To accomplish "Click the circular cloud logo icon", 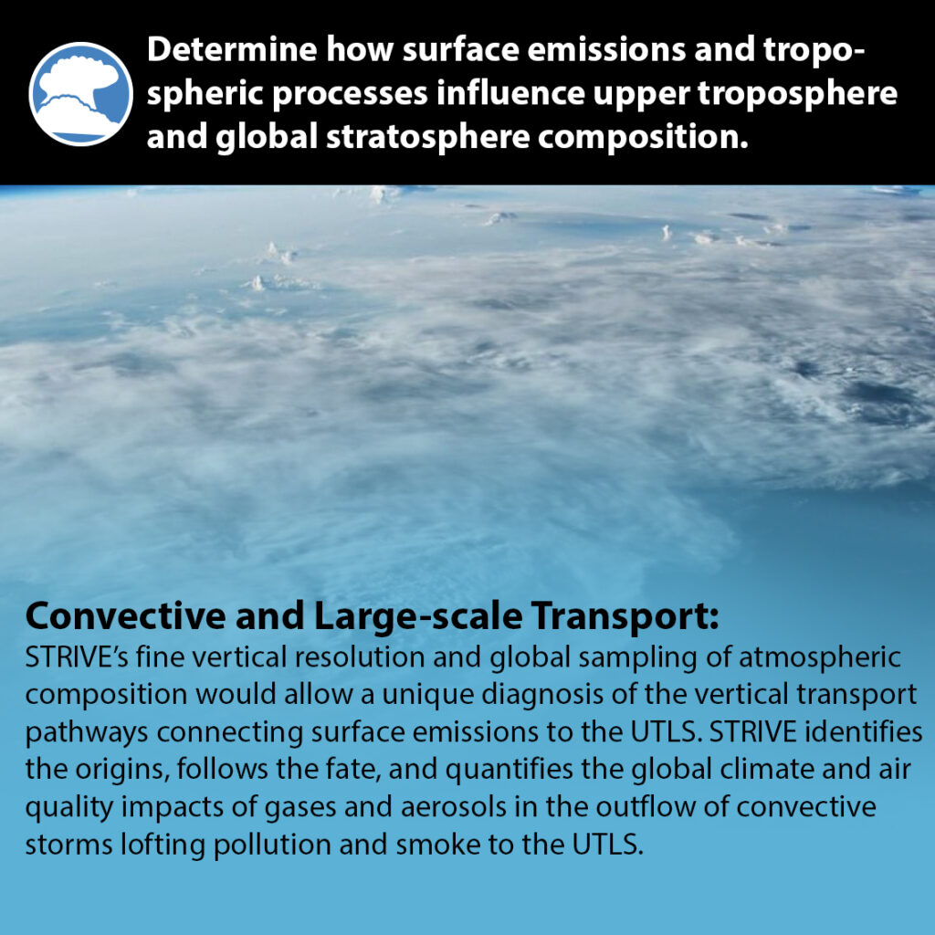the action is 81,94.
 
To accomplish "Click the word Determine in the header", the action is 232,49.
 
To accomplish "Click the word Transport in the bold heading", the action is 625,617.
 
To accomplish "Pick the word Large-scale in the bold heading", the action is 418,615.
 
